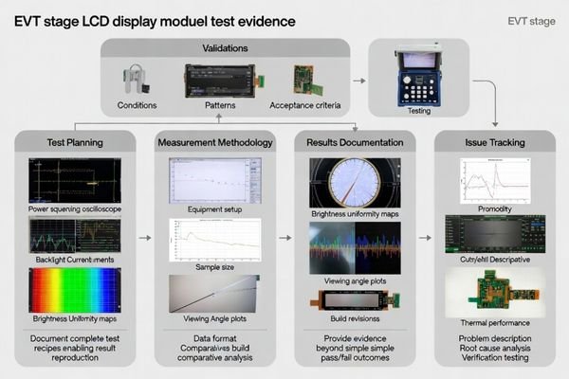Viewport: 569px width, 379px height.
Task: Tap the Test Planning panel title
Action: click(74, 142)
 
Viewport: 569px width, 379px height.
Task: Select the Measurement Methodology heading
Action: click(214, 142)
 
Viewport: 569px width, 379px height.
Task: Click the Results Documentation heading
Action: click(354, 142)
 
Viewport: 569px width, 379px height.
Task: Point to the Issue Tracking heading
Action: click(493, 142)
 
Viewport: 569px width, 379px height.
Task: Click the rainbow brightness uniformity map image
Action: click(74, 290)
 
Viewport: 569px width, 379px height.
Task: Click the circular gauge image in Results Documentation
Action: click(353, 181)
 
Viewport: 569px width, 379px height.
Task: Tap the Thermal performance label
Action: click(493, 322)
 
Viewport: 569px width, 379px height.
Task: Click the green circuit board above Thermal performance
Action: click(493, 290)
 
